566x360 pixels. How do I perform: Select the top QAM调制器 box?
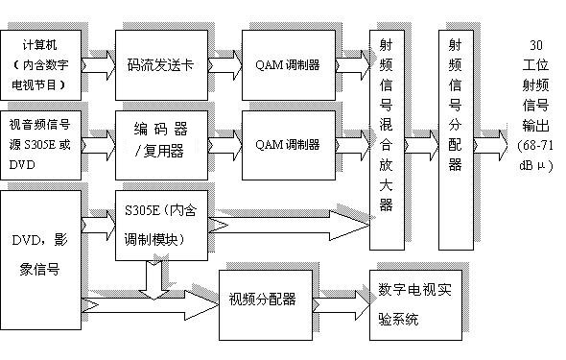pos(288,63)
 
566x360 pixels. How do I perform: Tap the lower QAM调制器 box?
pos(288,144)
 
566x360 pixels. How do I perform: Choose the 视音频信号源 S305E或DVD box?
pos(47,144)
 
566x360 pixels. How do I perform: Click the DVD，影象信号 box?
pos(43,254)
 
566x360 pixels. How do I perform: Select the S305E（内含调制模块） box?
pos(160,226)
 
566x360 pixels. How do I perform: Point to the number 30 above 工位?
pos(534,45)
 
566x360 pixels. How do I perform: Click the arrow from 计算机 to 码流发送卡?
pos(103,63)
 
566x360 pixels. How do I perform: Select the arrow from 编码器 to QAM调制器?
pos(224,144)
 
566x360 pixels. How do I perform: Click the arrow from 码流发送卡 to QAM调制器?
pos(224,63)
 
